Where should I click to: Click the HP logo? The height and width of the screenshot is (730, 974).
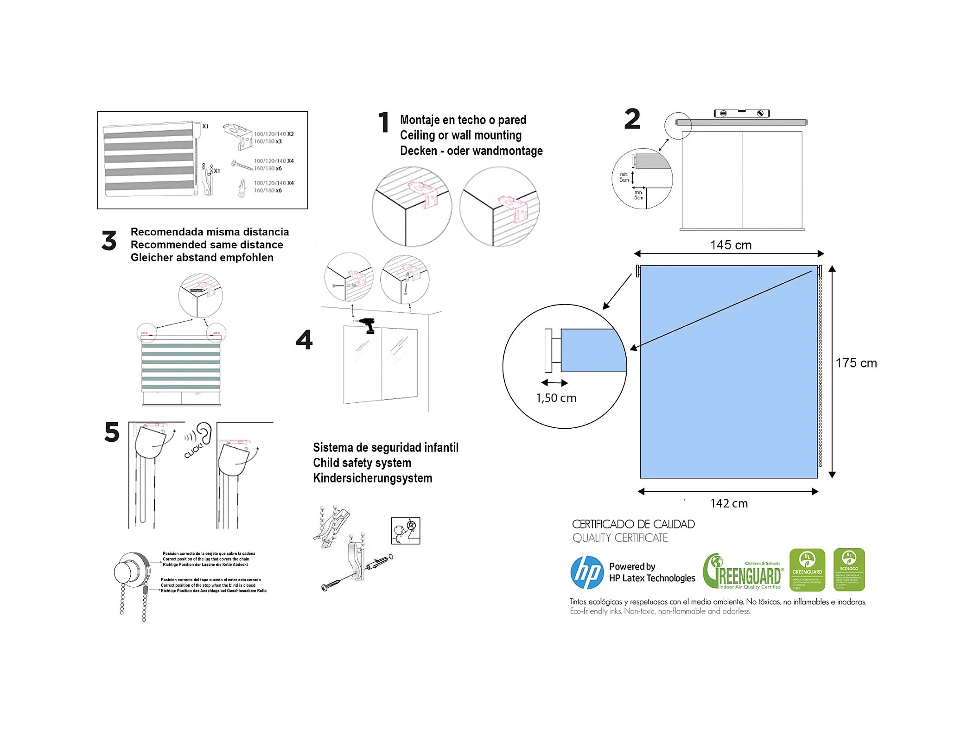586,572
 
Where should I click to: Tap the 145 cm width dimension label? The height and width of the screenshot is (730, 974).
730,245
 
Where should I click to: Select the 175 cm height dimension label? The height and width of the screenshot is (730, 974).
855,363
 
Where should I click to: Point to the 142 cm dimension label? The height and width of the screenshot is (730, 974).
728,503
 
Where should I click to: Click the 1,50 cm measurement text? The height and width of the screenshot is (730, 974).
555,398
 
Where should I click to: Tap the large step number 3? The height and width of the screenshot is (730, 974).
109,241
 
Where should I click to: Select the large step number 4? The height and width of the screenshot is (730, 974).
304,340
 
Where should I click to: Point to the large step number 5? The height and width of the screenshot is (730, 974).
112,432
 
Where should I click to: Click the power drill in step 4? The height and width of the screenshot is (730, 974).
368,324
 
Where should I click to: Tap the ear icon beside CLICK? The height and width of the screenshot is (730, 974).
204,433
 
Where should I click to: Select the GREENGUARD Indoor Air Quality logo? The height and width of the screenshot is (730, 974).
742,572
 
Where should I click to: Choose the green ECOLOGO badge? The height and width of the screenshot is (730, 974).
848,569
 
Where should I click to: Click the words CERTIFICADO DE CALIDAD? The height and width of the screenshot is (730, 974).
633,524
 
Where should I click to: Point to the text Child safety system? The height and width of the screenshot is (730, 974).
362,463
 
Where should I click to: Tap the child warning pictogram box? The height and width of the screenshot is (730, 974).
405,530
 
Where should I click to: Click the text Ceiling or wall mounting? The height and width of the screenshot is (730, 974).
460,135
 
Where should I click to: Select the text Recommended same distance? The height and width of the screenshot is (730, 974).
206,244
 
